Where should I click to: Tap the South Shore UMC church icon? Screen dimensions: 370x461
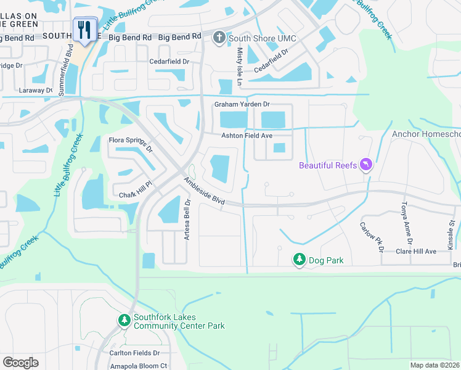pyautogui.click(x=219, y=38)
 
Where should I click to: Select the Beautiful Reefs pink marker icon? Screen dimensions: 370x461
pyautogui.click(x=367, y=165)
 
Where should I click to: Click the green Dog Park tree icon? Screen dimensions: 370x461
pyautogui.click(x=299, y=260)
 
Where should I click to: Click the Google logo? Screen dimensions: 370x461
pyautogui.click(x=20, y=363)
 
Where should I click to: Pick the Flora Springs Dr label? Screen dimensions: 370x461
pyautogui.click(x=130, y=144)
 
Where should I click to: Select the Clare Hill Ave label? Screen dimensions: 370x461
pyautogui.click(x=416, y=252)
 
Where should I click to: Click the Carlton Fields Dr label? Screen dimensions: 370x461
pyautogui.click(x=131, y=353)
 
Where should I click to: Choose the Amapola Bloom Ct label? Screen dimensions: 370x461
pyautogui.click(x=138, y=366)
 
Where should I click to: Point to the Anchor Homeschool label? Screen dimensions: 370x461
pyautogui.click(x=426, y=134)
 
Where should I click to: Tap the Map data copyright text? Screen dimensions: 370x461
pyautogui.click(x=435, y=365)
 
